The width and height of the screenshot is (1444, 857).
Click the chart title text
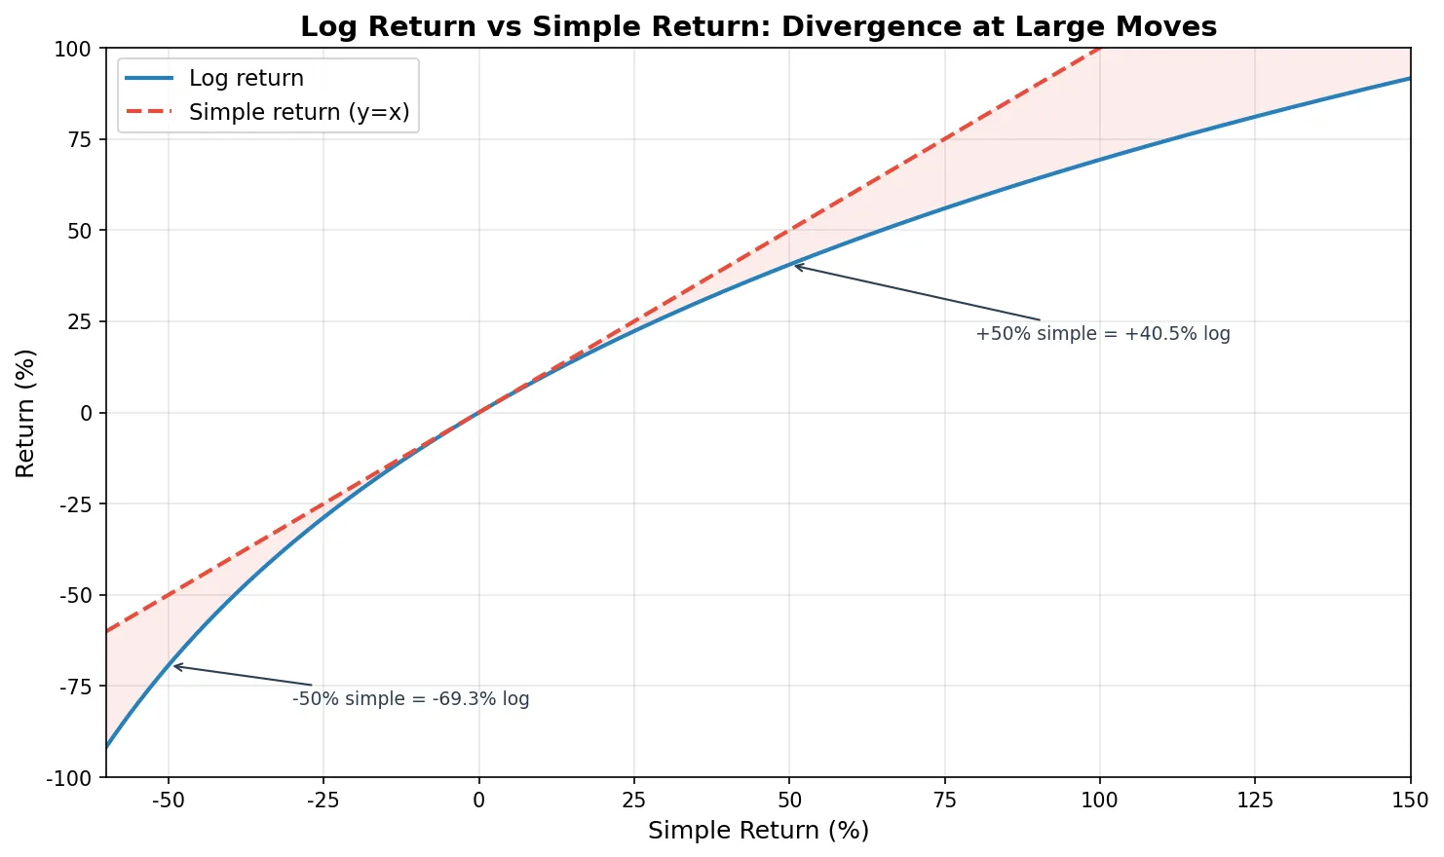pos(758,26)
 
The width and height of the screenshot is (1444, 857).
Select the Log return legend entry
pos(246,78)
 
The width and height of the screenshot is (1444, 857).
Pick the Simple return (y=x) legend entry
pos(298,112)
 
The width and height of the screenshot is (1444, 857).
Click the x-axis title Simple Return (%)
pos(758,830)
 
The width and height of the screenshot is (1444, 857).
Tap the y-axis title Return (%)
pos(25,413)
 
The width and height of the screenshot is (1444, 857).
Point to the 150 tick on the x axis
pos(1410,801)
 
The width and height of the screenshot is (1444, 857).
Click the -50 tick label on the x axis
pos(169,801)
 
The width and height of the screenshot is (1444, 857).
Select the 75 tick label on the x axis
pos(944,801)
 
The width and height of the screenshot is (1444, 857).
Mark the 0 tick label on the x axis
pos(478,801)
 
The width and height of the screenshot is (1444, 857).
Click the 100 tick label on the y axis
pos(73,49)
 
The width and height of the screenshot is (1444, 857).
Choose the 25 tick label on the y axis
pos(79,321)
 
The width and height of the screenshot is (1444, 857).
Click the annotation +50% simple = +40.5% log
pos(1102,334)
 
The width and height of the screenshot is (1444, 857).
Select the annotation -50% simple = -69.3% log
pos(410,699)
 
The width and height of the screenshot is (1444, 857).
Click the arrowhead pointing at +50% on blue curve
pos(794,266)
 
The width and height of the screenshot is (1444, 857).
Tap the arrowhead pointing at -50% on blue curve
pos(174,666)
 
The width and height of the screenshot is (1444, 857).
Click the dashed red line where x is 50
pos(789,231)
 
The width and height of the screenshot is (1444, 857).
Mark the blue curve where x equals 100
pos(1100,160)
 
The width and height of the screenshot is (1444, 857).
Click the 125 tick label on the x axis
pos(1255,801)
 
